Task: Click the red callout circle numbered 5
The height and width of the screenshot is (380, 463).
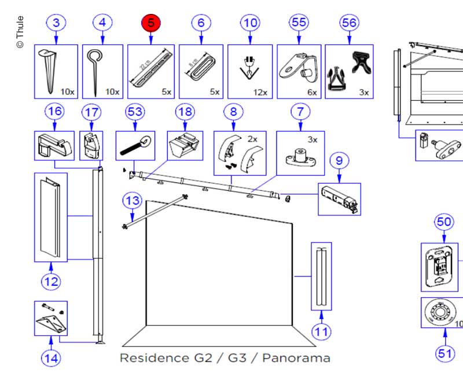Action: click(x=151, y=23)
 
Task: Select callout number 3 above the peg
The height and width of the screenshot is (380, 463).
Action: click(x=56, y=23)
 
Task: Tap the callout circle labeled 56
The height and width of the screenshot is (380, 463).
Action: click(x=350, y=23)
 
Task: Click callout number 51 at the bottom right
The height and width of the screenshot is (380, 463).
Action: click(x=445, y=353)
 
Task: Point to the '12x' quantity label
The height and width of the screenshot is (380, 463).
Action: click(x=260, y=92)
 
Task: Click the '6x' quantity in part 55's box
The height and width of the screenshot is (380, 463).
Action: click(x=312, y=92)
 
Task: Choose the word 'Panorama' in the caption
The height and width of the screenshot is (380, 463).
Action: click(x=296, y=357)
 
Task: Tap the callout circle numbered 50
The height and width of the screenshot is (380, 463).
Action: click(x=444, y=222)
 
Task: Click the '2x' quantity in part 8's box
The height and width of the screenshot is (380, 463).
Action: click(x=252, y=139)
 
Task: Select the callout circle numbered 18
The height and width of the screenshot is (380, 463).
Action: click(x=185, y=112)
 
